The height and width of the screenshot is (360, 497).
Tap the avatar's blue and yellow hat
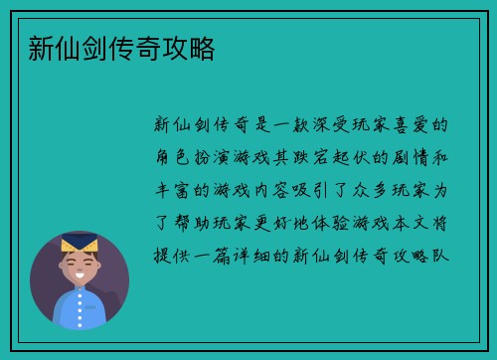tap(80, 241)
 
